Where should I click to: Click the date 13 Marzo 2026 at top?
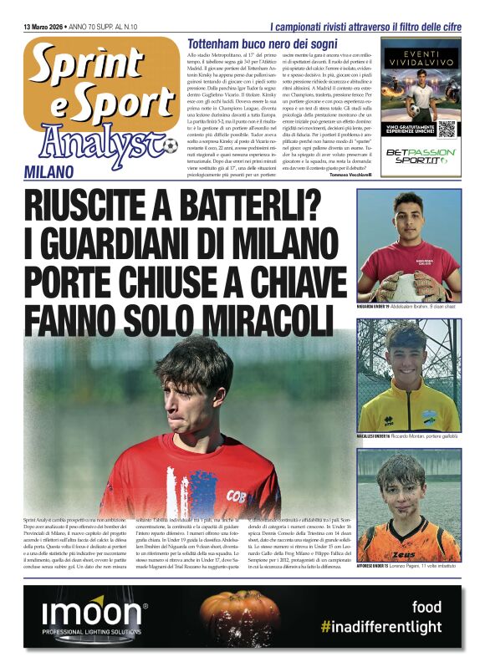coord(49,28)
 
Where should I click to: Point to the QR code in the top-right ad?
coord(447,129)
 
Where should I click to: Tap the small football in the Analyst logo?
coord(171,145)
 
